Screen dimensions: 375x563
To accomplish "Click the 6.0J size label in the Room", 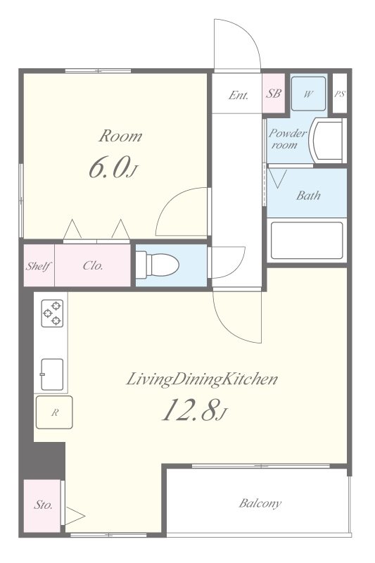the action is [x=113, y=168].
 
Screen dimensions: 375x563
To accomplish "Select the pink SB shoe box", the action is [x=274, y=94].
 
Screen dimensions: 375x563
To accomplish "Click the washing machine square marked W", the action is [x=308, y=94].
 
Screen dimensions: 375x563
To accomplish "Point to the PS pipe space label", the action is [x=340, y=94].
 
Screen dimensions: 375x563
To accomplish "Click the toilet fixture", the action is [x=157, y=265].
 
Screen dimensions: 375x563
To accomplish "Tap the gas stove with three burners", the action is [x=52, y=313].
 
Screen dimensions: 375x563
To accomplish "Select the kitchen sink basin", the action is [x=52, y=374].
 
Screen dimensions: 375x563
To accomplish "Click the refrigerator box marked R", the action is [x=54, y=412].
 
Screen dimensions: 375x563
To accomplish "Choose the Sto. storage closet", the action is [x=42, y=505].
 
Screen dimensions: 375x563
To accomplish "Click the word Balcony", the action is [x=260, y=503].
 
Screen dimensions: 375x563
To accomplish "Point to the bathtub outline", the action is [x=307, y=241].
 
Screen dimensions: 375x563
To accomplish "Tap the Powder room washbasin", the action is [x=328, y=140].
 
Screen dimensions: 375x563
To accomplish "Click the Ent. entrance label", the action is [x=239, y=95].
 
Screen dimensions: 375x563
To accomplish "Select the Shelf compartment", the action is [x=39, y=266].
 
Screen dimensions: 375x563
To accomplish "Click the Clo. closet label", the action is [x=93, y=265].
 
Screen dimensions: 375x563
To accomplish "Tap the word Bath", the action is [x=308, y=196].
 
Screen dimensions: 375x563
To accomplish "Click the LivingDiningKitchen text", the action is [x=202, y=380].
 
